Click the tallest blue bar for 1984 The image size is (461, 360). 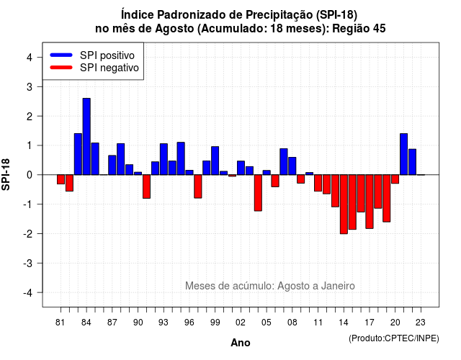[86, 137]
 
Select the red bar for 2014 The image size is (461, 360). [344, 204]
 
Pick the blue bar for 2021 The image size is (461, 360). [403, 154]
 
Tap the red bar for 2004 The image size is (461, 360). [258, 193]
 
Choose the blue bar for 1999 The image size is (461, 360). [215, 161]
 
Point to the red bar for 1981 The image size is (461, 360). [61, 179]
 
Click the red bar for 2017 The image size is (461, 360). [370, 202]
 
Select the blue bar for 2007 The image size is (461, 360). [284, 161]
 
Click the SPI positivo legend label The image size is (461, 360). [107, 55]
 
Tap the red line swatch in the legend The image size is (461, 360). [61, 67]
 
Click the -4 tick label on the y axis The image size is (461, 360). [28, 292]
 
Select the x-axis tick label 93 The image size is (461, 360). [164, 323]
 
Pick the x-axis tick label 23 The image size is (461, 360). [421, 323]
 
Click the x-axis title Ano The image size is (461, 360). [241, 343]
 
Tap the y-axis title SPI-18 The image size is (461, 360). [6, 174]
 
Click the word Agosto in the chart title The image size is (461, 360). [174, 29]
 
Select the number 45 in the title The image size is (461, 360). [380, 29]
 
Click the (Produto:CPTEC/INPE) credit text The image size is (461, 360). [394, 338]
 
